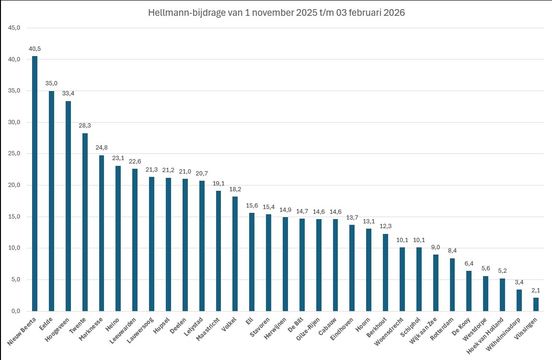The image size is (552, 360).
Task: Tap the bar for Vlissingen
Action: tap(536, 304)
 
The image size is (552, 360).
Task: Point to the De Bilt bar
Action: tap(302, 265)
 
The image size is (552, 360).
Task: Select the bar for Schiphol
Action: tap(419, 279)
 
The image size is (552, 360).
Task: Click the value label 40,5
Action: tap(34, 49)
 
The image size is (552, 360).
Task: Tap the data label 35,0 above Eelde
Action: tap(51, 83)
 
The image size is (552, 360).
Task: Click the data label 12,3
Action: tap(385, 226)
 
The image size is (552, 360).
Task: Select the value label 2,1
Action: tap(536, 290)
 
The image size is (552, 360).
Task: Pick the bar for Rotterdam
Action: tap(452, 285)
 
